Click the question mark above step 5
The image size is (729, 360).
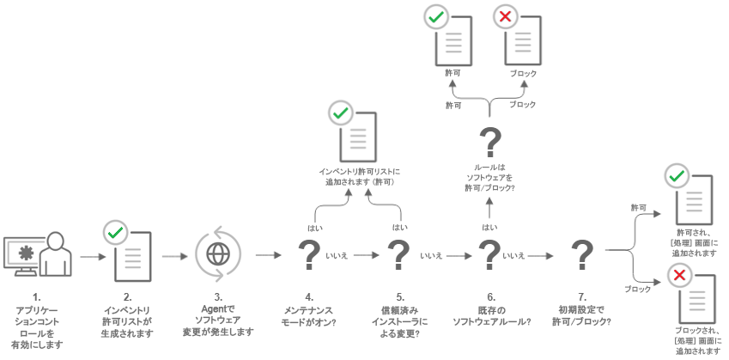click(398, 255)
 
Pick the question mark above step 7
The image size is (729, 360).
click(582, 255)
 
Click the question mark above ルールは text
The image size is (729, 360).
click(489, 141)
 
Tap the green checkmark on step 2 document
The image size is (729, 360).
click(115, 232)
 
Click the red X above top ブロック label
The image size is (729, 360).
click(505, 18)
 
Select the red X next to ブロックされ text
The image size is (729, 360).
click(679, 276)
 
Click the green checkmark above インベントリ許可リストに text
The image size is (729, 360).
click(341, 113)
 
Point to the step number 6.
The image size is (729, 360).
click(489, 296)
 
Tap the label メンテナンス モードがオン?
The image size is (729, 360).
click(309, 316)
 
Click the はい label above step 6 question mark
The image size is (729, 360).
click(489, 228)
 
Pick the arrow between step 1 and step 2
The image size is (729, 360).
click(89, 256)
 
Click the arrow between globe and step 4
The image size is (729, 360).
click(268, 256)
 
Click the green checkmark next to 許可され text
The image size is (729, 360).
click(678, 177)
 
